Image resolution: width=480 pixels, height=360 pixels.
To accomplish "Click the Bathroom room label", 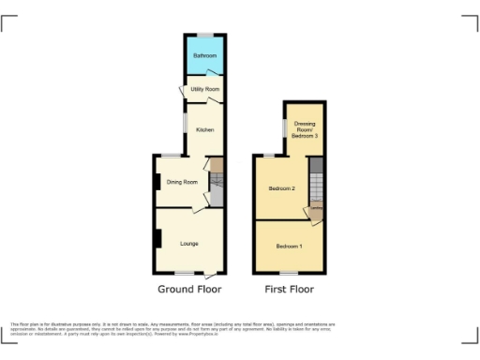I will pos(203,56).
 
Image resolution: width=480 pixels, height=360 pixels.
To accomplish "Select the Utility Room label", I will pos(205,89).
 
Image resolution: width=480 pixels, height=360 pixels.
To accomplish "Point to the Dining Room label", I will pos(182,182).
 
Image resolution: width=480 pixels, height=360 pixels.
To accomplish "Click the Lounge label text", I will pos(188,244).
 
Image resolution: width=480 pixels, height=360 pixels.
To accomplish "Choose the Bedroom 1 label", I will pos(288,246).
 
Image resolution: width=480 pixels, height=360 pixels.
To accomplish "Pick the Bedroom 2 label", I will pos(281,188).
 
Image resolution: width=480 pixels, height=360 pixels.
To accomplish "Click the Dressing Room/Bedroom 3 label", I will pos(305,129).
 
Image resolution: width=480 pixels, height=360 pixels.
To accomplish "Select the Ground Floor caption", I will pos(190,290).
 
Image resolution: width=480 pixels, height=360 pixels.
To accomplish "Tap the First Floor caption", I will pos(289,290).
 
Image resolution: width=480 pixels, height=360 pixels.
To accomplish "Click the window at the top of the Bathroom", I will pos(203,35).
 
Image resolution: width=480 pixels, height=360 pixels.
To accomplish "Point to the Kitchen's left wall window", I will pos(184,122).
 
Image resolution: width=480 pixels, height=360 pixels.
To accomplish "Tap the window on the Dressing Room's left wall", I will pos(285,127).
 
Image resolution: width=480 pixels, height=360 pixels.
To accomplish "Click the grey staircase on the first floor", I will pos(316,184).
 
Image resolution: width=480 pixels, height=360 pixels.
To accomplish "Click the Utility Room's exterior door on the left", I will pos(181,90).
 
